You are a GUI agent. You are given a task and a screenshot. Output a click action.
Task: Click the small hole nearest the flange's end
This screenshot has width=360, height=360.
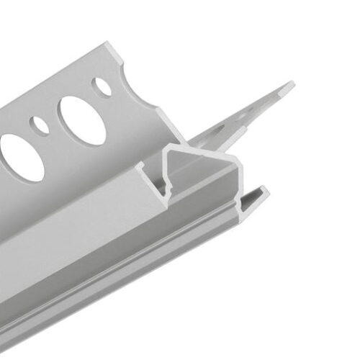click(x=104, y=86)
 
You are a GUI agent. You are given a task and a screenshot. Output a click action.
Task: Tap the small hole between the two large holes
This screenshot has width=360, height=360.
click(x=42, y=126)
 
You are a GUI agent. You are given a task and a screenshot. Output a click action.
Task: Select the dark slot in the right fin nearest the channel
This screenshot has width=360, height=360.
click(x=216, y=133)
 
